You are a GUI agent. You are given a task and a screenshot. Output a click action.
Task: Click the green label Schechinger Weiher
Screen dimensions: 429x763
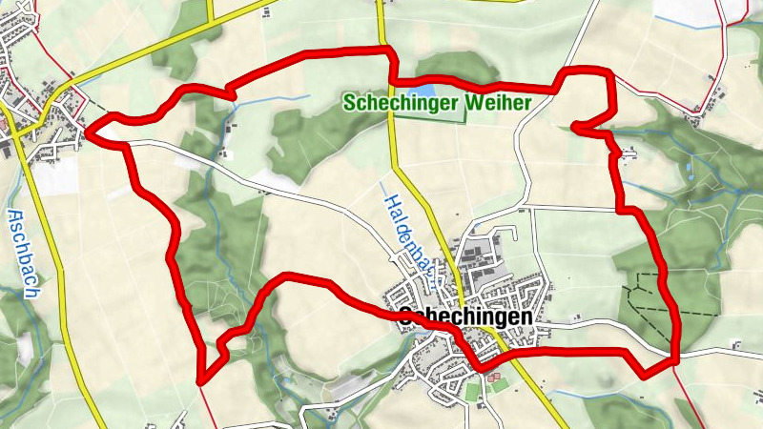pos(436,102)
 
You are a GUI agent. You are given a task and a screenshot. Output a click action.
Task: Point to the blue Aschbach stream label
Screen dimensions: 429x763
pos(21,254)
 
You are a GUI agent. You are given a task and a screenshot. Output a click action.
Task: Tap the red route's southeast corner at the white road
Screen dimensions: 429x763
pos(675,359)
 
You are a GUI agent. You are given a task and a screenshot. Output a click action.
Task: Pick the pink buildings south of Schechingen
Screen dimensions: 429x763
pos(492,378)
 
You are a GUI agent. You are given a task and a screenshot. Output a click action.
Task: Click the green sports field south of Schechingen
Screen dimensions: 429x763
pos(475,392)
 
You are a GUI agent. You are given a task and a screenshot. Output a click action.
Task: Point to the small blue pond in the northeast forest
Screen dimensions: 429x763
pos(689,170)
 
